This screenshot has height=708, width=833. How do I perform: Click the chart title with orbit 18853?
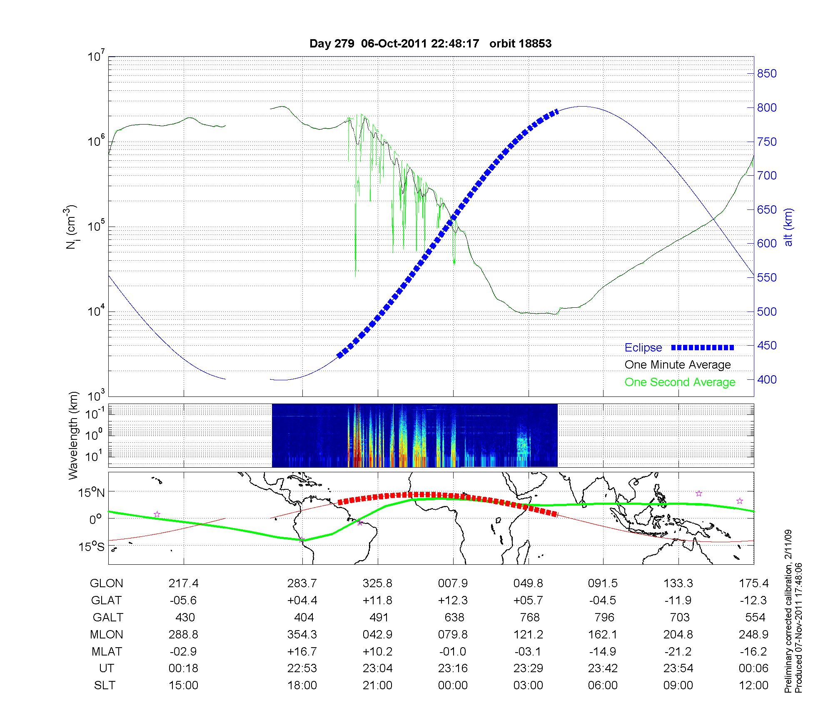(x=430, y=44)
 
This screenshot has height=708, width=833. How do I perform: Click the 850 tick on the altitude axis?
(x=767, y=74)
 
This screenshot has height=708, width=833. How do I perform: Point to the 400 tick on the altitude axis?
(x=767, y=379)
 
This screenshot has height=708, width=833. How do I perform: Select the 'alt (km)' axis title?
(x=788, y=227)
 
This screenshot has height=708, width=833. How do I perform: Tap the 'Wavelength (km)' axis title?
(x=73, y=435)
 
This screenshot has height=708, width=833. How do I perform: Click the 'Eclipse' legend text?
(x=643, y=348)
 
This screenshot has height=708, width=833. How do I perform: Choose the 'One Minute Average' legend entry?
(x=678, y=365)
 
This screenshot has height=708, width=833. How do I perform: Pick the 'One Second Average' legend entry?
(x=680, y=382)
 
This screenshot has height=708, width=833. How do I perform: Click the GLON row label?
(x=106, y=583)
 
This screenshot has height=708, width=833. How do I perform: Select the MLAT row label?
(x=106, y=651)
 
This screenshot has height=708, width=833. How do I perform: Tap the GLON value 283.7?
(x=302, y=583)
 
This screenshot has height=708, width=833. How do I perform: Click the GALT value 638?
(x=454, y=617)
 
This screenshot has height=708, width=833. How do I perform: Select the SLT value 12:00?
(x=753, y=686)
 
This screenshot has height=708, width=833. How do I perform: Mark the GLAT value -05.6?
(x=183, y=601)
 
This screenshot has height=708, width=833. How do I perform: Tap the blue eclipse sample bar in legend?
(x=702, y=347)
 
